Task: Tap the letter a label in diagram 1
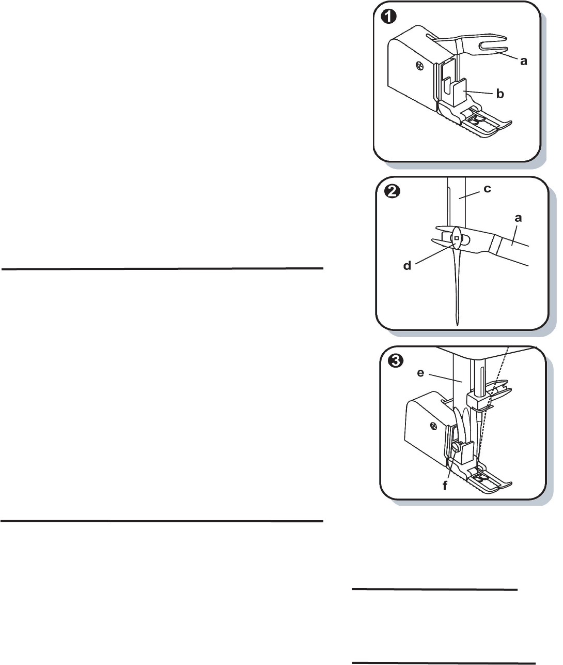(524, 61)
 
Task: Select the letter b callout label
(500, 94)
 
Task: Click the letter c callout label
(487, 189)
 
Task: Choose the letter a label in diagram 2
(518, 218)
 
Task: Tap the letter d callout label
(407, 266)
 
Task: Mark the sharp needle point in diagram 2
(458, 323)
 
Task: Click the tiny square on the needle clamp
(457, 238)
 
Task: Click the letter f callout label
(444, 486)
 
